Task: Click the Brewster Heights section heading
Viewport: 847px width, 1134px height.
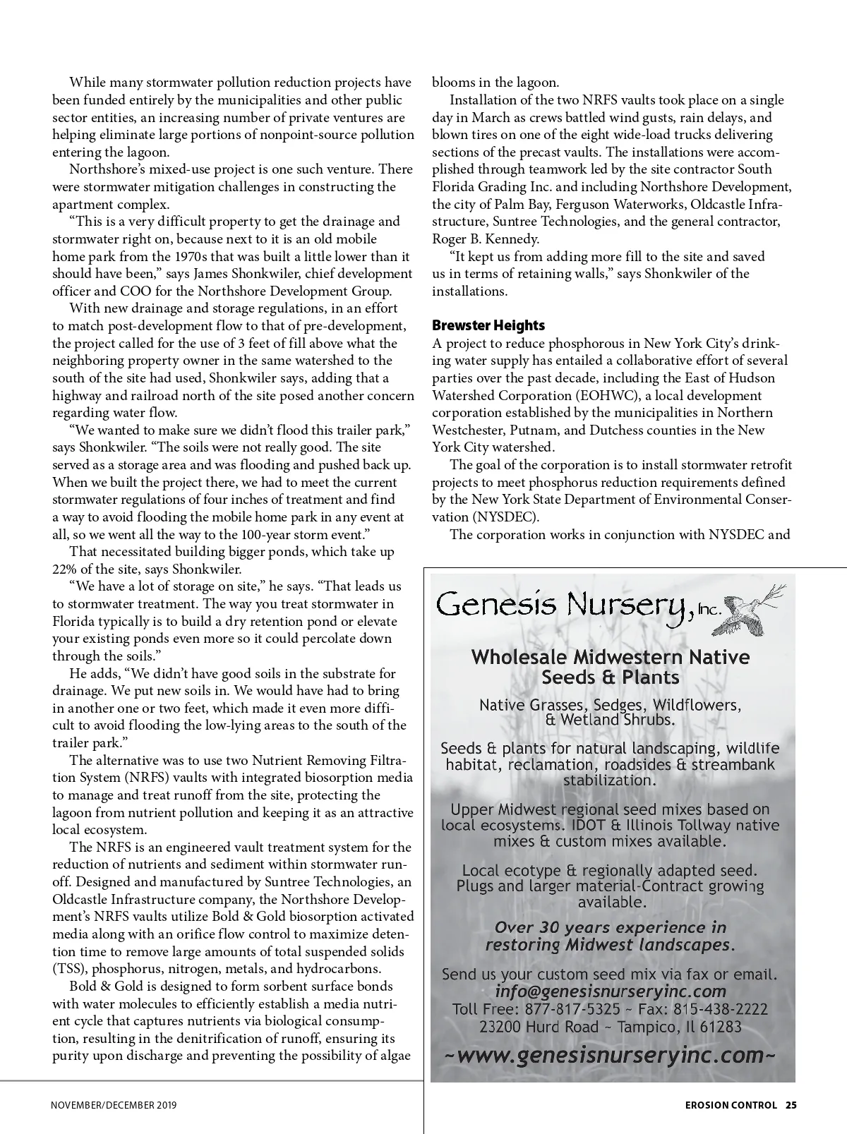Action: click(488, 325)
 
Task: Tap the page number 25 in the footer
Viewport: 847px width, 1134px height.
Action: click(791, 1105)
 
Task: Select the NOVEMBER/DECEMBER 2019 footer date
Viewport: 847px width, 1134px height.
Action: click(114, 1105)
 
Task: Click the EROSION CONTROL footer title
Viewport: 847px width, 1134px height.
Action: click(731, 1105)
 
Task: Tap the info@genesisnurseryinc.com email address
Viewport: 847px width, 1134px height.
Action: click(611, 991)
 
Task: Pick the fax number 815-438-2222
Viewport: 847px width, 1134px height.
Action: click(723, 1009)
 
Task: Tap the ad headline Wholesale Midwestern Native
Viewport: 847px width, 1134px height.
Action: click(610, 657)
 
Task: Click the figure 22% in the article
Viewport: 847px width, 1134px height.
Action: click(65, 569)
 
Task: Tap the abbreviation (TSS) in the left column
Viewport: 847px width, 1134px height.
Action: click(70, 968)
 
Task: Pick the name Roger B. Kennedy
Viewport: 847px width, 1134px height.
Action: click(485, 239)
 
